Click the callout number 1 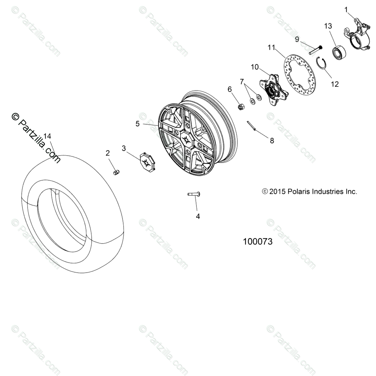pos(346,9)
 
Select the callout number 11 pos(272,47)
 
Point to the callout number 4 pos(198,216)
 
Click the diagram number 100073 pos(258,242)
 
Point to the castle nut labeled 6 pos(241,107)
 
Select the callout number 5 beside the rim pos(138,124)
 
